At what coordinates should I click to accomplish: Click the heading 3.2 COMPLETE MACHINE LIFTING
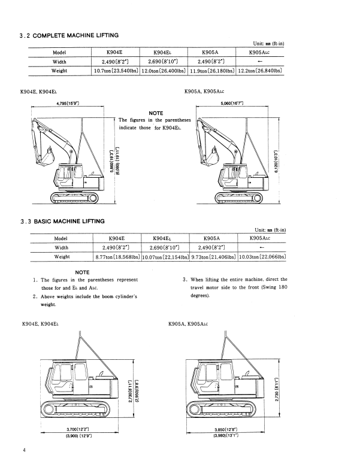[x=69, y=36]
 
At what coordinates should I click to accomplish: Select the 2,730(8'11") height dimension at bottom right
[x=277, y=390]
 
